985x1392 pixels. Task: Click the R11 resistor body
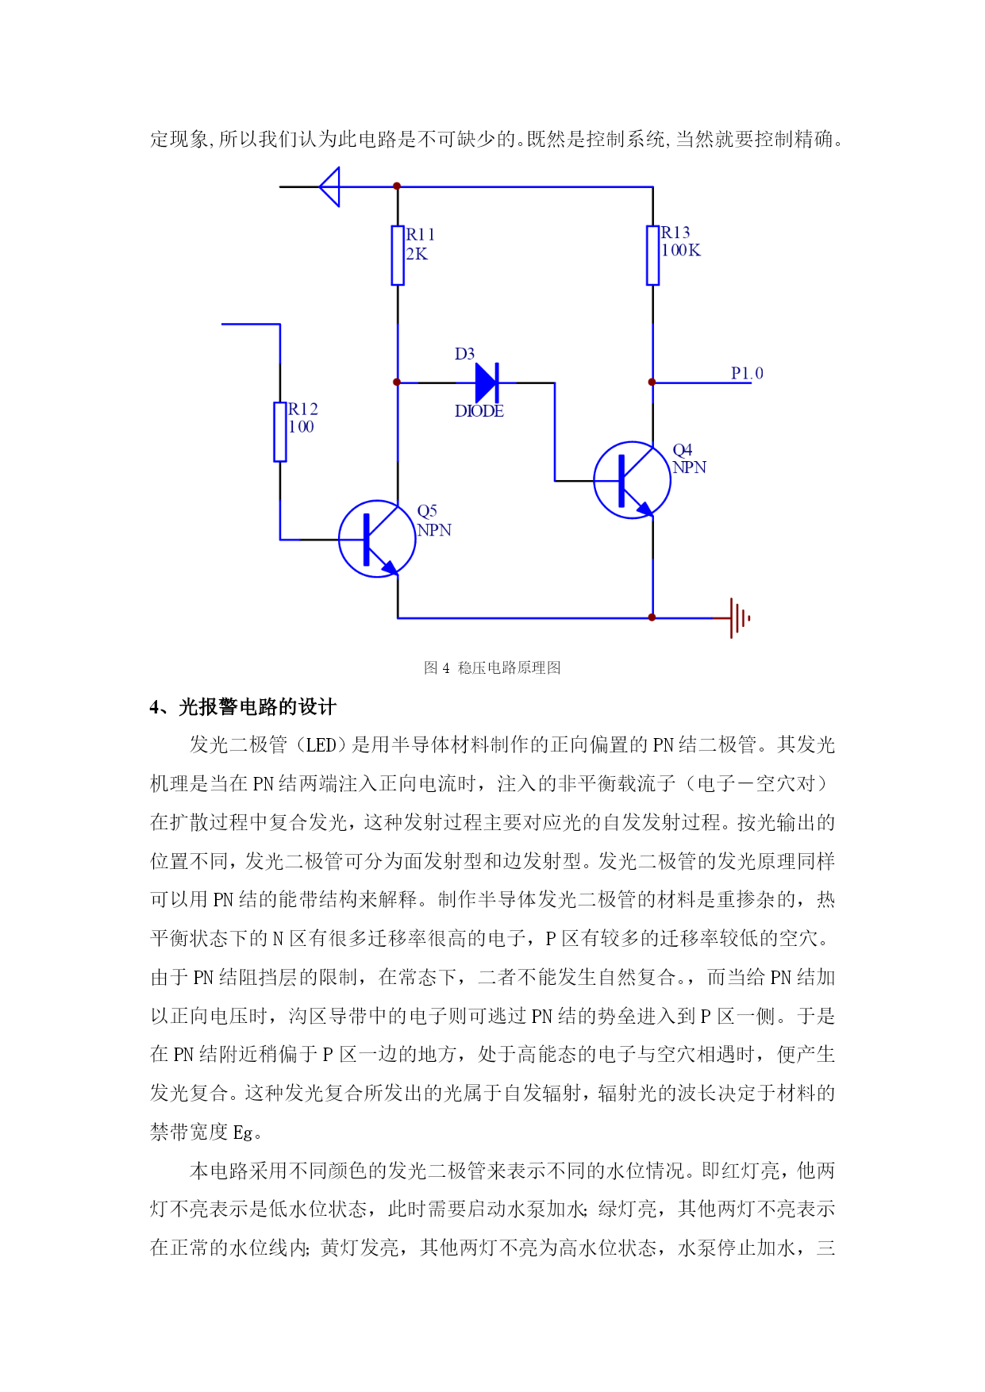tap(398, 256)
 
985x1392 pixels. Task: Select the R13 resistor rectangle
tap(652, 256)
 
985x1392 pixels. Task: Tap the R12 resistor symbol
tap(280, 432)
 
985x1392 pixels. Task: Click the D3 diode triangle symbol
tap(487, 383)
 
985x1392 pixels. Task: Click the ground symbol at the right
tap(739, 617)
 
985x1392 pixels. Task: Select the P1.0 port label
tap(747, 373)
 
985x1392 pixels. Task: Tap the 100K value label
tap(681, 250)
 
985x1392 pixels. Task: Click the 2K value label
tap(417, 254)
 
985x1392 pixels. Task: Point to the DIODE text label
tap(479, 411)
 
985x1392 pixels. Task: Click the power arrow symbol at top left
tap(329, 187)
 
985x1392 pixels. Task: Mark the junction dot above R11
tap(397, 186)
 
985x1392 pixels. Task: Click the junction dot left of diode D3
tap(397, 383)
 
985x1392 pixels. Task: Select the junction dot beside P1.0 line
tap(652, 383)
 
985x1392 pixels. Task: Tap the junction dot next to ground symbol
tap(652, 617)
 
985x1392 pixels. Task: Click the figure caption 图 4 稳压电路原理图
tap(492, 667)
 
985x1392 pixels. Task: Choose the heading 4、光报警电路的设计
tap(243, 707)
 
